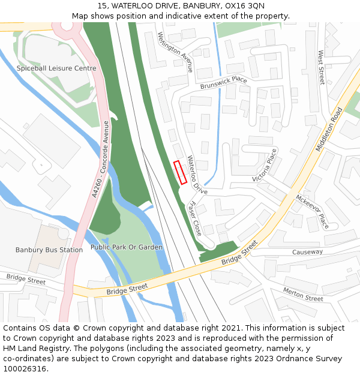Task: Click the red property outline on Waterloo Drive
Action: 180,172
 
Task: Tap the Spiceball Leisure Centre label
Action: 56,68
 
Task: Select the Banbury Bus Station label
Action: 49,250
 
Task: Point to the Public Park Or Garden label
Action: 127,247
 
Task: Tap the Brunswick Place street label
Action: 224,83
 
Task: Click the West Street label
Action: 321,67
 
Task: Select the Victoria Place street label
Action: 265,165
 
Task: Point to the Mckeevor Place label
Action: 312,211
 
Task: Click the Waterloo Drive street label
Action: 197,175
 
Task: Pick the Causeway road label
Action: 307,252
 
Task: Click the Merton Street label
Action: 303,294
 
